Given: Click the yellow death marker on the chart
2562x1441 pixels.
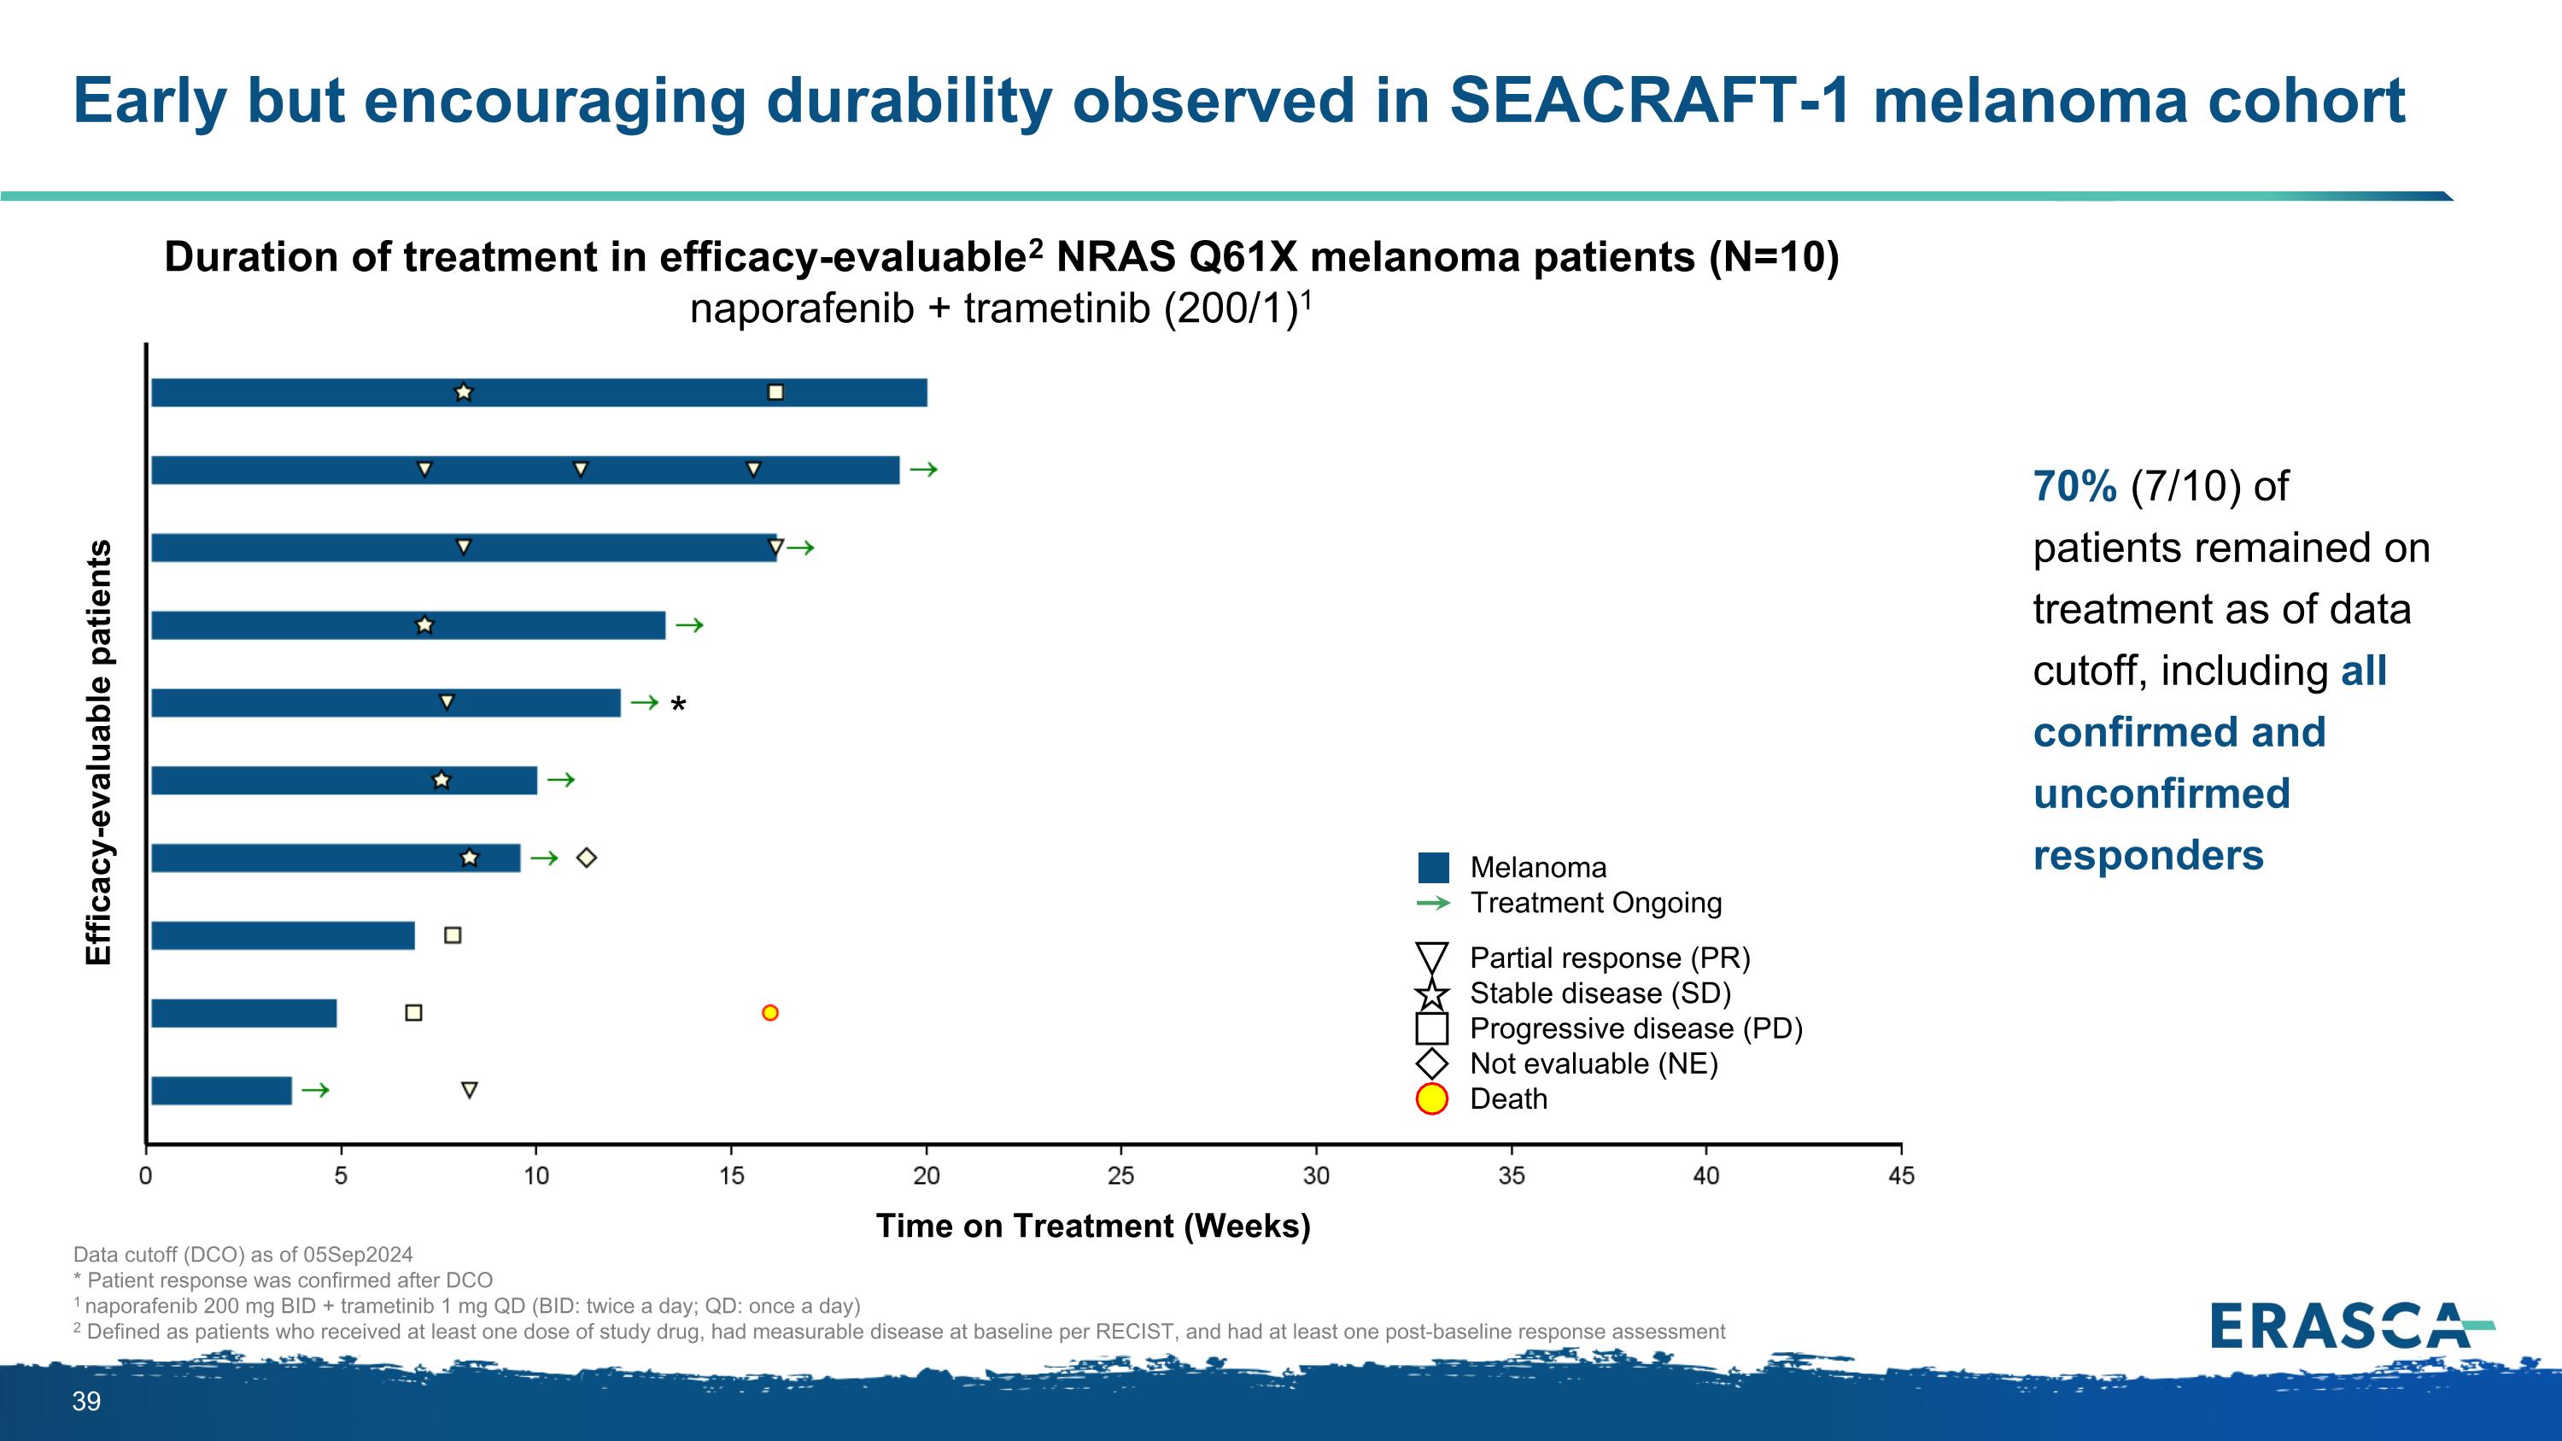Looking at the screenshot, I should (769, 1012).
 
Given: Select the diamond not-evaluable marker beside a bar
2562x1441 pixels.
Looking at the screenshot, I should (587, 858).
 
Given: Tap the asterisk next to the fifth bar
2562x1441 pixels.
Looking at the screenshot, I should (678, 705).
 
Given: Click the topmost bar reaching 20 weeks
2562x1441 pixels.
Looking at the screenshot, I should (538, 393).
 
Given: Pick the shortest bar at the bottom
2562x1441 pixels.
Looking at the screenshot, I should (221, 1091).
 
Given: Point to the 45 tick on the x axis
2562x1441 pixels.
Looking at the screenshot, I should (1901, 1175).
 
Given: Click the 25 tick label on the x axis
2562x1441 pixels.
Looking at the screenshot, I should (1120, 1175).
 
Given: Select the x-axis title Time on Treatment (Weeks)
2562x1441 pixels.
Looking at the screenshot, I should (1093, 1225).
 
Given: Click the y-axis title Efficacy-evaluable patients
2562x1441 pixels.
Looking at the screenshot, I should (98, 752).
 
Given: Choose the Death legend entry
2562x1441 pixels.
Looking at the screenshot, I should (1508, 1098).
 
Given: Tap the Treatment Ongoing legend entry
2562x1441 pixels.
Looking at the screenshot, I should (1595, 903).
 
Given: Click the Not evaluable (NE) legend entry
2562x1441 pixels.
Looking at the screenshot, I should (1594, 1064).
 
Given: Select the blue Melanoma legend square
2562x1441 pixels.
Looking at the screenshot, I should (1433, 867).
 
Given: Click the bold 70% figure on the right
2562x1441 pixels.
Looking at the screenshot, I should (2074, 486).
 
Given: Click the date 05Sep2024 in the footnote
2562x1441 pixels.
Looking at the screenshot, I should (356, 1255).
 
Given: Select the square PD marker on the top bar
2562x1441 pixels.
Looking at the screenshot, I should (775, 393).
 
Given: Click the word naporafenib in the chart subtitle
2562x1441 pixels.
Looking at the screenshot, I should (801, 309).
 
